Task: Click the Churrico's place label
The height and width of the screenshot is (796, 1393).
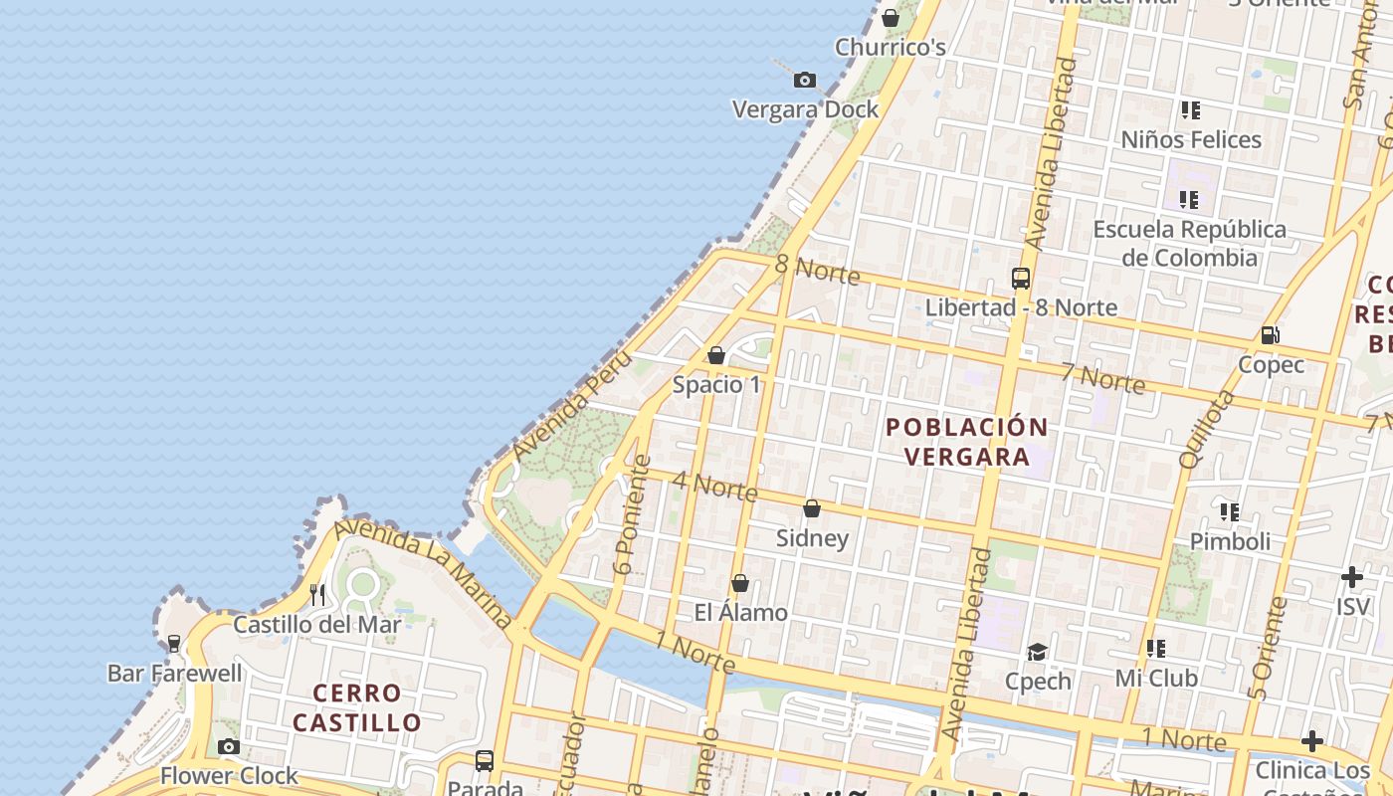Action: pos(890,47)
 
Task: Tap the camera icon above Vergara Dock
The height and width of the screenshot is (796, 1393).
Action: pos(805,81)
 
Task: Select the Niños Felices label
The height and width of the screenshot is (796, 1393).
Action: pos(1191,139)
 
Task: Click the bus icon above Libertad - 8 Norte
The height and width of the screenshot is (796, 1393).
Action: pos(1020,279)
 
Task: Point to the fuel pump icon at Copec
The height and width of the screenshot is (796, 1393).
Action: pos(1270,335)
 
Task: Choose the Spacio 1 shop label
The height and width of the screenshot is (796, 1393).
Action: pos(716,384)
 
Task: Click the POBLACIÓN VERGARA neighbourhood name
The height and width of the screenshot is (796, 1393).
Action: pos(967,442)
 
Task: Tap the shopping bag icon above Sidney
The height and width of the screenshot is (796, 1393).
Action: pos(812,508)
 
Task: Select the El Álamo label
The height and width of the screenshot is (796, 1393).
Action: pos(740,612)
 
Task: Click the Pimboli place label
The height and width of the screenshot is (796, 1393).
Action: pos(1230,541)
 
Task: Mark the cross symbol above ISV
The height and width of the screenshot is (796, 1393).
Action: pos(1351,577)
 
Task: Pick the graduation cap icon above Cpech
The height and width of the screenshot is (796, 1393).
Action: pos(1038,652)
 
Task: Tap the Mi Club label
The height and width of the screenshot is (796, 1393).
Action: pos(1155,678)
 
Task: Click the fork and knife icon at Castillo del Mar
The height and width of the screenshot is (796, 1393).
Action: pos(317,595)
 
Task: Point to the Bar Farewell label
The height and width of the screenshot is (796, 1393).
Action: pos(174,673)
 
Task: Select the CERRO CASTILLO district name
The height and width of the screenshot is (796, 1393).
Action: pos(357,707)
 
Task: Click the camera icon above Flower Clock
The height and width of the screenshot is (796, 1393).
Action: pos(229,746)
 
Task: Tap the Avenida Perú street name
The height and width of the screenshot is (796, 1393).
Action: pos(571,406)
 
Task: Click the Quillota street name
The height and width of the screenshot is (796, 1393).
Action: pos(1206,430)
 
